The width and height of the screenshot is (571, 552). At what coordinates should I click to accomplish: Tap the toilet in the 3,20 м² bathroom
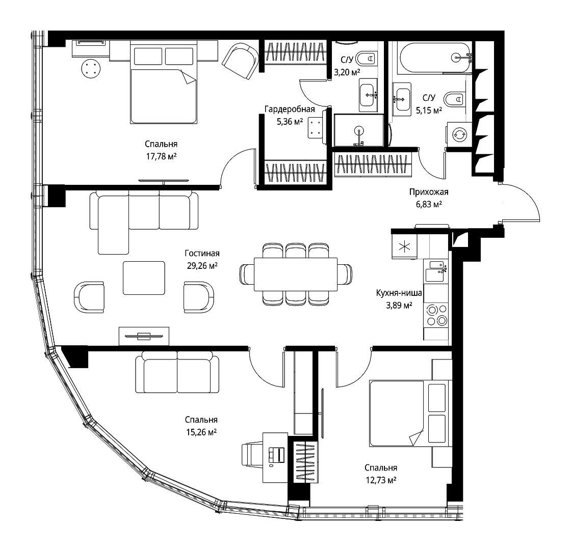[x=366, y=58]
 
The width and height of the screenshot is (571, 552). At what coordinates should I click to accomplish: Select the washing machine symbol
[x=459, y=134]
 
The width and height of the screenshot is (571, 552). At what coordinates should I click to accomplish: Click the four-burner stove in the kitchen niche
[x=436, y=315]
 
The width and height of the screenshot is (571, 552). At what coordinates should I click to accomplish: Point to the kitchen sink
[x=436, y=271]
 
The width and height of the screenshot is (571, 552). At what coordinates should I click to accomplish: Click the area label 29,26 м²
[x=202, y=266]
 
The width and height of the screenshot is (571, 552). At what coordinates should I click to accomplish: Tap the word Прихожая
[x=429, y=191]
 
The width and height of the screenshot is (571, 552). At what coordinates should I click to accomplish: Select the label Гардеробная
[x=290, y=109]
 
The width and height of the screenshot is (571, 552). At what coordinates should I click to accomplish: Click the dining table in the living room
[x=296, y=274]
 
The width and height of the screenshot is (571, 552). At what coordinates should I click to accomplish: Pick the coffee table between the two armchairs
[x=144, y=278]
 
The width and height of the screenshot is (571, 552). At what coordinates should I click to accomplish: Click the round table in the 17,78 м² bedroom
[x=91, y=68]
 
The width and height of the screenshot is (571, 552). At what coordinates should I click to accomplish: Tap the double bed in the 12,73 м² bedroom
[x=408, y=413]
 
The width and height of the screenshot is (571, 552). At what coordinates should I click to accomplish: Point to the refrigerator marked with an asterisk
[x=404, y=246]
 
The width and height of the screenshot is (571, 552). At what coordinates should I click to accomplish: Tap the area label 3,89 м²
[x=399, y=305]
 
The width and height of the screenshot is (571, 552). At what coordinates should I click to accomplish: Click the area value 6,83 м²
[x=429, y=204]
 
